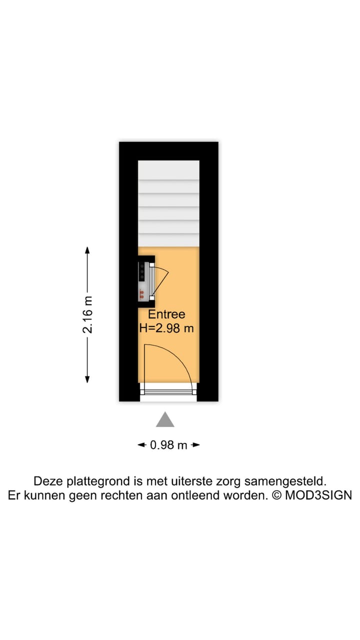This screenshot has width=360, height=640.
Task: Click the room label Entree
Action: (166, 314)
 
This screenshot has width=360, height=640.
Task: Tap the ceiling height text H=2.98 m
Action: (166, 328)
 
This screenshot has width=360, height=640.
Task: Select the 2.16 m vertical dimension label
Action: (88, 314)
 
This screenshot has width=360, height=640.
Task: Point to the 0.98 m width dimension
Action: (168, 444)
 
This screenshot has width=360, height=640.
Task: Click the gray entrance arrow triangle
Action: (165, 420)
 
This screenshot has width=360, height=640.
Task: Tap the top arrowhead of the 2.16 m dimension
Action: (87, 250)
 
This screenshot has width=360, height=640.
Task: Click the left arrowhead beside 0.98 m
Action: (141, 444)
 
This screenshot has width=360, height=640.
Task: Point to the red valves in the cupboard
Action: (142, 293)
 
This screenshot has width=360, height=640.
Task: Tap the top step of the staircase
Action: (168, 167)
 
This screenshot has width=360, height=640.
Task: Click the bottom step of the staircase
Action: (168, 240)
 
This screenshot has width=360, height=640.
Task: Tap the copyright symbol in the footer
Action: (276, 495)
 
